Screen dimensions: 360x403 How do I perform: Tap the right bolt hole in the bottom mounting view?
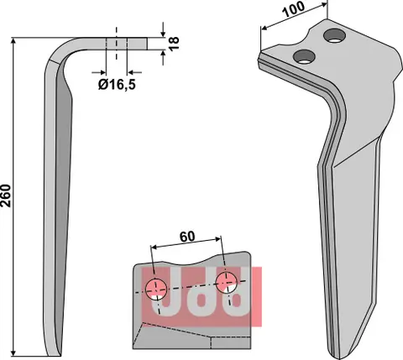pos(225,283)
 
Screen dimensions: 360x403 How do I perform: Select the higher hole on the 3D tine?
pos(336,34)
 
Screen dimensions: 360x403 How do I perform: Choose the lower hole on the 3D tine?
pos(303,56)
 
